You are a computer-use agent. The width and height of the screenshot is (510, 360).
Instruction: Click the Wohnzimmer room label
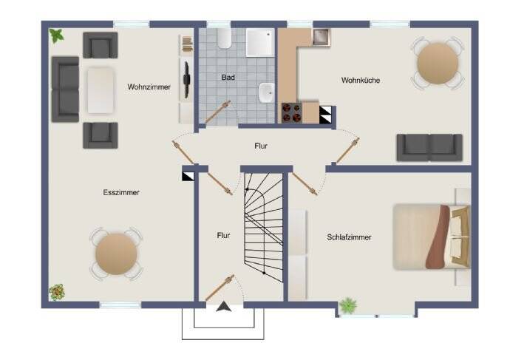point(149,86)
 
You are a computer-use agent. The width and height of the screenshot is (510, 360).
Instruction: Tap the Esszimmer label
point(122,192)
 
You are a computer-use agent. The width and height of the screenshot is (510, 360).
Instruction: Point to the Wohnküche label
point(361,80)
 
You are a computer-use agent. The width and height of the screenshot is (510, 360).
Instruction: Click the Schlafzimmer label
point(349,237)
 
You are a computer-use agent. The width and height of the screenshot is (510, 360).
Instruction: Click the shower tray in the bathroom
point(259,43)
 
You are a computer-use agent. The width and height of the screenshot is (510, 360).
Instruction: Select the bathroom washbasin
point(266,95)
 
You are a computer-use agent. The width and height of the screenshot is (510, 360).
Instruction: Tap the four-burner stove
point(290,114)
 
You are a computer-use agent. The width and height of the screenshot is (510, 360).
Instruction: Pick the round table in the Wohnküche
point(437,64)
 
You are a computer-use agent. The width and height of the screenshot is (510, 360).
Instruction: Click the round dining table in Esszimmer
point(116,254)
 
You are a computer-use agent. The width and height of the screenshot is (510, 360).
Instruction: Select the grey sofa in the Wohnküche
point(429,146)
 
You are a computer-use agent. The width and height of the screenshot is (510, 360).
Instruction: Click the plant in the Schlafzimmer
point(347,304)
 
